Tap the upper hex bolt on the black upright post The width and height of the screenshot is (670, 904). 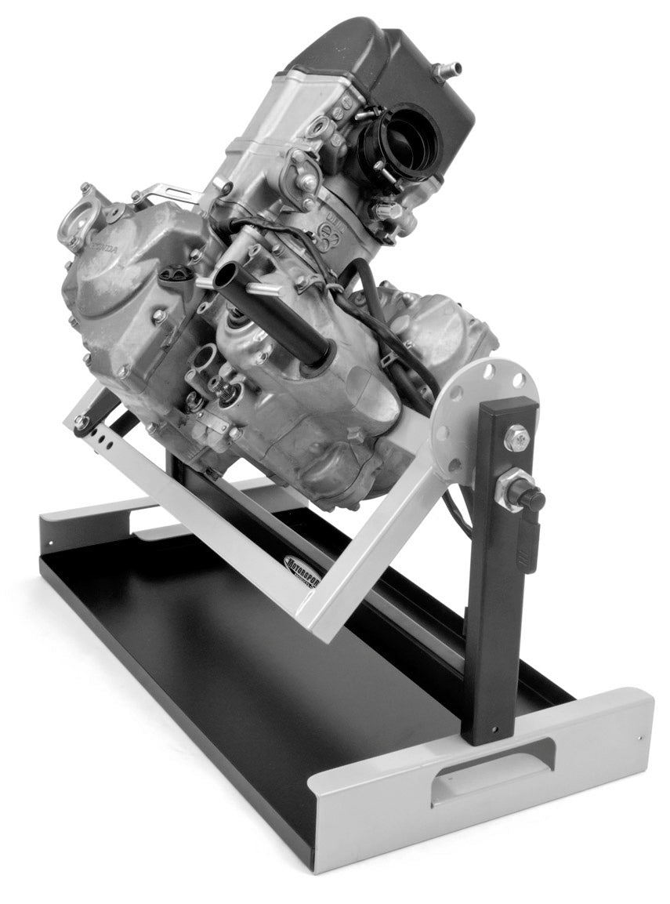[516, 437]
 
